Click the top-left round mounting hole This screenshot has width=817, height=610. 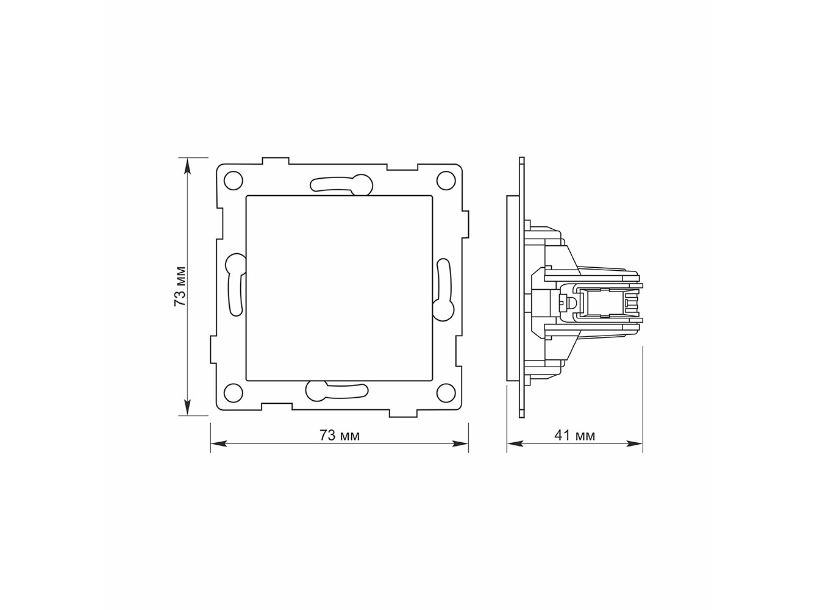233,180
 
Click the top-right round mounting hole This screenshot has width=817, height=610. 446,180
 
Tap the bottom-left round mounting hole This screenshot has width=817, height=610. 233,392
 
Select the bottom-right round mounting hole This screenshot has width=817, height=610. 446,392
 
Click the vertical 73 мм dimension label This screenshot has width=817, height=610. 180,286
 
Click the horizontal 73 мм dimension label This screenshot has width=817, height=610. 340,436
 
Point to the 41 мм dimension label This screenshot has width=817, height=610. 575,436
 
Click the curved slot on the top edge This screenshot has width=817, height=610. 341,185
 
